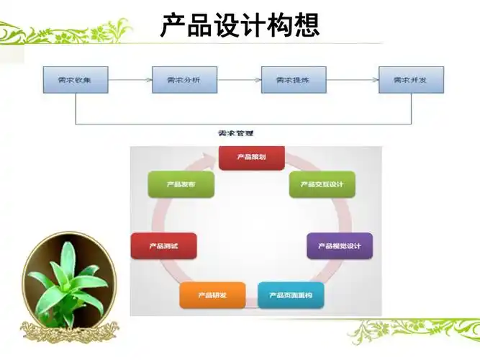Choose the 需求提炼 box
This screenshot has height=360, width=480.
pos(294,80)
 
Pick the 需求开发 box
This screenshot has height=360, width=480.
pos(411,80)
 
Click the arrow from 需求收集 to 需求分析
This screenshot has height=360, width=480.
pos(130,80)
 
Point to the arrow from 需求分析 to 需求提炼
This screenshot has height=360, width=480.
pos(240,80)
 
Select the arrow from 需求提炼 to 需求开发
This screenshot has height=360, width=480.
pos(353,80)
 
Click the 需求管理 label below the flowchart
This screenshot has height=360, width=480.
pos(235,133)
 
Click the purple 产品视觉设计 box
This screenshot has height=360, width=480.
pos(339,246)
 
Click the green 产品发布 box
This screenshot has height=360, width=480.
pos(181,184)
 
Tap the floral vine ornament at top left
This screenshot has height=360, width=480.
pos(65,32)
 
